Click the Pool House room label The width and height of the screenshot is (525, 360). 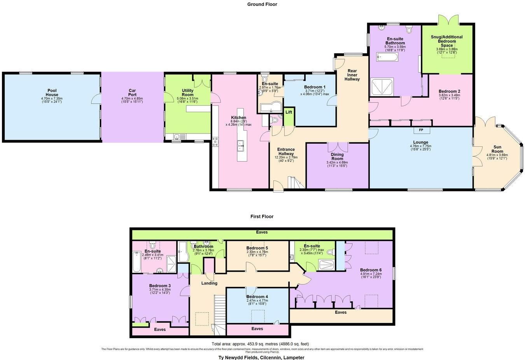point(52,92)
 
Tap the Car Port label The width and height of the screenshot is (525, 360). point(132,92)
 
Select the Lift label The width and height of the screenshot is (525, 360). point(289,112)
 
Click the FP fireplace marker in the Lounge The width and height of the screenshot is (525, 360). point(421,130)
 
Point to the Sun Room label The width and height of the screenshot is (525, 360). point(497,149)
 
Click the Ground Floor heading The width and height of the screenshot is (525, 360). point(262,4)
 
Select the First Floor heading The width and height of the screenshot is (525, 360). point(262,216)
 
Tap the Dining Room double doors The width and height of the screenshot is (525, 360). point(337,147)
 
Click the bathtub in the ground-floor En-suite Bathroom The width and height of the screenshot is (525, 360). point(387,58)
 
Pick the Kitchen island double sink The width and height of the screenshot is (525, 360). point(240,145)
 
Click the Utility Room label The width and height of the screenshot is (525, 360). point(187,92)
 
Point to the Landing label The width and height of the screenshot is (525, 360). point(209,283)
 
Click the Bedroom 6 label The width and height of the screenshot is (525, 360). point(371,270)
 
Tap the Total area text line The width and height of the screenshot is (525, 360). point(260,344)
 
